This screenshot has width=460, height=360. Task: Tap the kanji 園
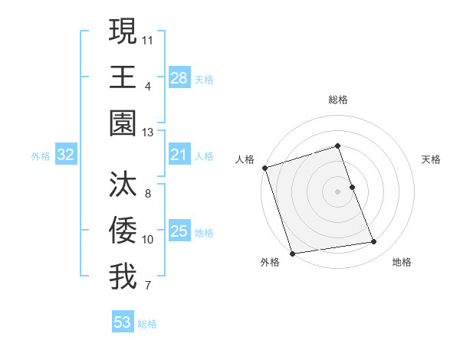[123, 123]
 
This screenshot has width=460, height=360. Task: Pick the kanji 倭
[123, 231]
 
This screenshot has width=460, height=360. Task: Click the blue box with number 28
[179, 78]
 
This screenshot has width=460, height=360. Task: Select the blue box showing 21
[179, 155]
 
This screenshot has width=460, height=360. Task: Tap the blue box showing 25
[179, 232]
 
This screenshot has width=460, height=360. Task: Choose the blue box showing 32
[66, 155]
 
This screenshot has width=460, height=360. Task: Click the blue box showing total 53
[123, 322]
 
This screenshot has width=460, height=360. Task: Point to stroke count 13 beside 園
[148, 133]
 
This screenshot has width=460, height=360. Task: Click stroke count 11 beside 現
[148, 38]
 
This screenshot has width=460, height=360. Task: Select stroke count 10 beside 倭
[148, 240]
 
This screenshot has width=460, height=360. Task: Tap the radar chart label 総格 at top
[338, 100]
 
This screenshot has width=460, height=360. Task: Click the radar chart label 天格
[432, 159]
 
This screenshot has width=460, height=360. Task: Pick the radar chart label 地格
[402, 262]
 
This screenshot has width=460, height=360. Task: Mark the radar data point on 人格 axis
[264, 168]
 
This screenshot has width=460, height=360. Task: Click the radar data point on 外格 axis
[292, 254]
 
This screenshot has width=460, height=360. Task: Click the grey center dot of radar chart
[338, 191]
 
